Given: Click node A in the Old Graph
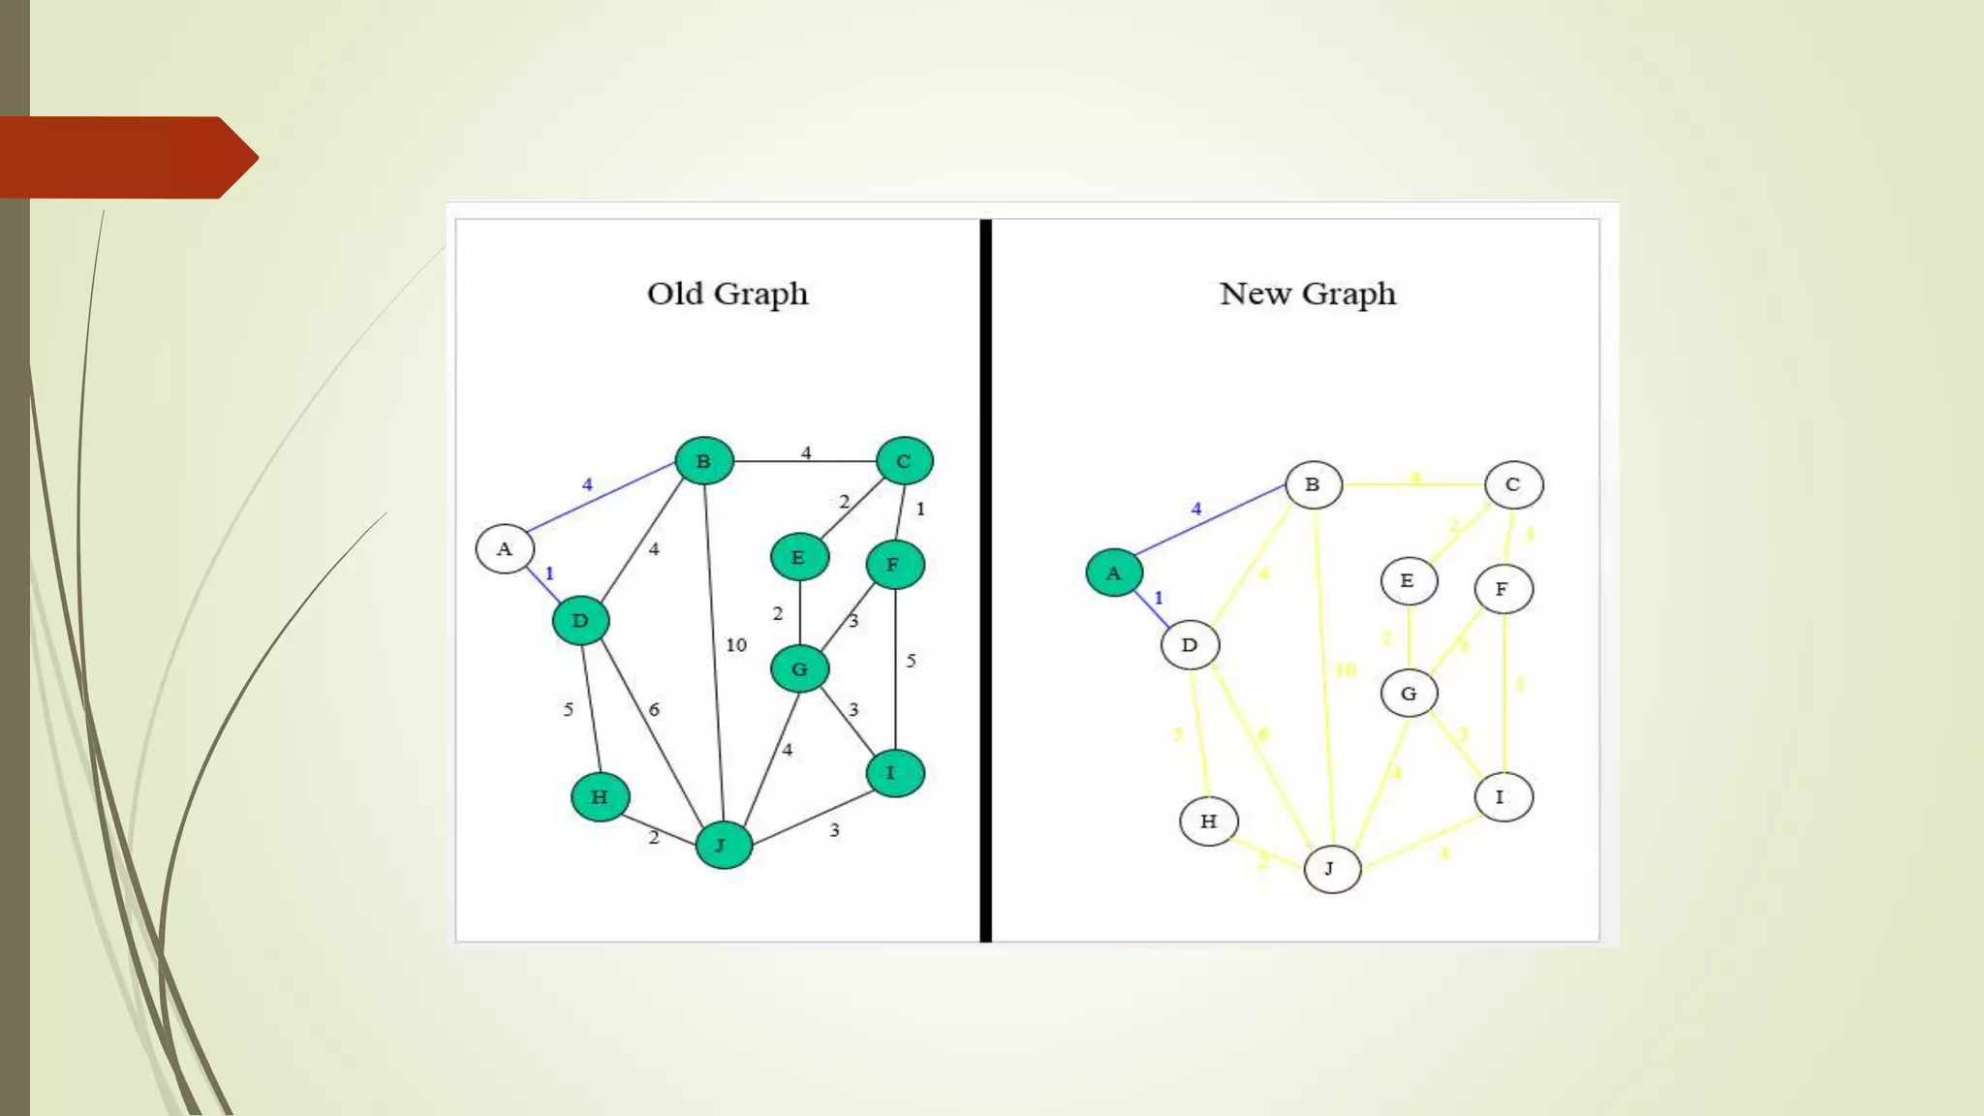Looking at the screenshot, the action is point(504,549).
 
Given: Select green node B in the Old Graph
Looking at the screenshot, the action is point(704,461).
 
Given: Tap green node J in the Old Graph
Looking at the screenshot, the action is point(723,845).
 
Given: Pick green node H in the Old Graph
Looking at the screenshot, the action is point(600,797).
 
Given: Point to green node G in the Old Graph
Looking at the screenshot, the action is point(799,668).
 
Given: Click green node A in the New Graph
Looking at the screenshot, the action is point(1114,573).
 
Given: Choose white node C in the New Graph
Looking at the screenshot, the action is point(1513,484).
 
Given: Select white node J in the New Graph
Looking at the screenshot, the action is point(1332,869).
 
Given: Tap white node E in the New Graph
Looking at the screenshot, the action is point(1409,581).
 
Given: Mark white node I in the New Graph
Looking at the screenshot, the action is point(1503,797).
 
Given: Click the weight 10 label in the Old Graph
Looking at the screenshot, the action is point(736,645).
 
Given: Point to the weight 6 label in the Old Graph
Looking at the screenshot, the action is point(654,710).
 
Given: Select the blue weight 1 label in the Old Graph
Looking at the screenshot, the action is point(549,573).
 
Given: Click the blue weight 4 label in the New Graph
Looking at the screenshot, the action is point(1196,509).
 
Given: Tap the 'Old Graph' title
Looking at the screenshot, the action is point(728,294).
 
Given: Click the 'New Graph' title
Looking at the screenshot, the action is point(1308,294).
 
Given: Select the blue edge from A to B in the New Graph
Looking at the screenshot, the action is point(1211,521).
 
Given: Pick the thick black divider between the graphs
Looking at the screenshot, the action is point(985,581).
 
